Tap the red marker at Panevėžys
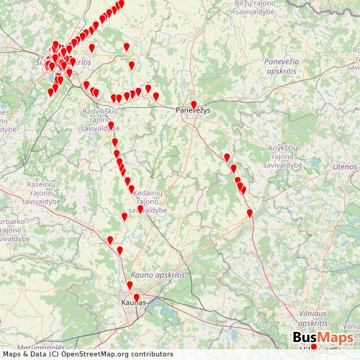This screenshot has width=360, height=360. [x=194, y=104]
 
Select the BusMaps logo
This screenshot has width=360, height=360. [x=323, y=339]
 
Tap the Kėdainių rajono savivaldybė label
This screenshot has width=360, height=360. [x=151, y=200]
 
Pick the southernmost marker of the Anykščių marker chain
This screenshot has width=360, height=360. [x=250, y=213]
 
